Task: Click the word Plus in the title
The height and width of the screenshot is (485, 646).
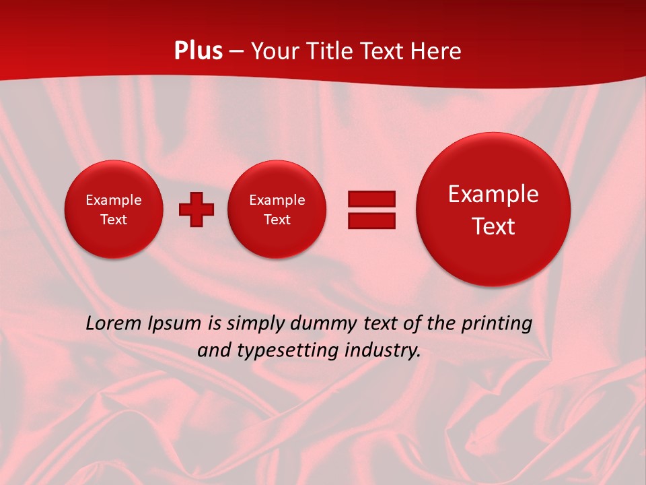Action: pyautogui.click(x=198, y=51)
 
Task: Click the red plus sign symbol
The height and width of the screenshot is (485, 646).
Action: pyautogui.click(x=196, y=209)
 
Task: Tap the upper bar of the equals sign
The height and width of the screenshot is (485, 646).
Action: pyautogui.click(x=371, y=199)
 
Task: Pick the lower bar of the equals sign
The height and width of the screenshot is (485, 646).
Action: pyautogui.click(x=371, y=220)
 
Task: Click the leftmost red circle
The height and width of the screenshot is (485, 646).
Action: pyautogui.click(x=114, y=209)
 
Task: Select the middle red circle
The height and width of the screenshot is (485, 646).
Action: pyautogui.click(x=277, y=209)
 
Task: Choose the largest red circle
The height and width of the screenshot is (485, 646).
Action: pyautogui.click(x=493, y=209)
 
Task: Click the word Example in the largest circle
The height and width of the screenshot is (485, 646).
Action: pyautogui.click(x=493, y=194)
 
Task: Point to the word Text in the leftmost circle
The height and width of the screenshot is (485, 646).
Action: pyautogui.click(x=114, y=220)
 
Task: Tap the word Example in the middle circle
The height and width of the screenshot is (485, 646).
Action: pyautogui.click(x=277, y=200)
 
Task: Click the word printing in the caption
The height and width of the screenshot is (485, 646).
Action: pyautogui.click(x=497, y=323)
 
